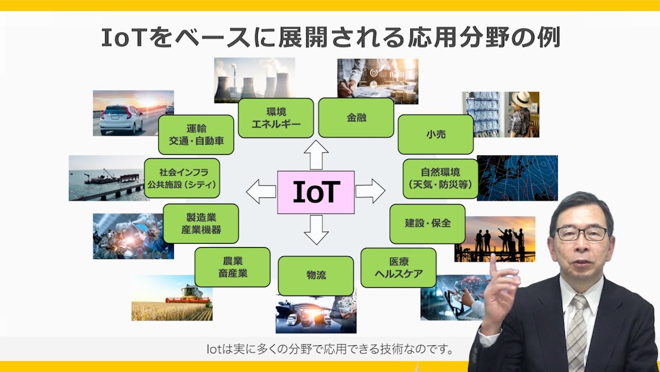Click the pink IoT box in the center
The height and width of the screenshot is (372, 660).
[316, 192]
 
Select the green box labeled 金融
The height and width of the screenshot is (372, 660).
[356, 118]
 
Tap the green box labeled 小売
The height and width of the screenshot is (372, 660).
[436, 134]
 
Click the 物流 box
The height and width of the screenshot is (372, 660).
[316, 276]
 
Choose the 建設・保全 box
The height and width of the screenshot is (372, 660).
[427, 224]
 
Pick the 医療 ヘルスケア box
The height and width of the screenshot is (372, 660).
[399, 268]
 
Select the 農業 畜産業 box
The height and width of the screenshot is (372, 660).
[233, 267]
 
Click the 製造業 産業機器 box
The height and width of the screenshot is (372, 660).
[201, 224]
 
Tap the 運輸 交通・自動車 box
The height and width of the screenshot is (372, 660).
[196, 135]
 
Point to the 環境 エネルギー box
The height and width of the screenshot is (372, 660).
[276, 118]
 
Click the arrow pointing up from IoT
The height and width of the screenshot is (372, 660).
[316, 154]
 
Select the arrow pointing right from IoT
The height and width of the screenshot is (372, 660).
[370, 191]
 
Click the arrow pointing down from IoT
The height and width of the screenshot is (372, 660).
[316, 230]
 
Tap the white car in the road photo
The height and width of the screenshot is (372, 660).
[121, 119]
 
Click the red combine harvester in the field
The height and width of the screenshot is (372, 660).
[189, 296]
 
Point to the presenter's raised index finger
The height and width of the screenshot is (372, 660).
[493, 266]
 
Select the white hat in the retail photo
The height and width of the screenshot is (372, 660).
[521, 99]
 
